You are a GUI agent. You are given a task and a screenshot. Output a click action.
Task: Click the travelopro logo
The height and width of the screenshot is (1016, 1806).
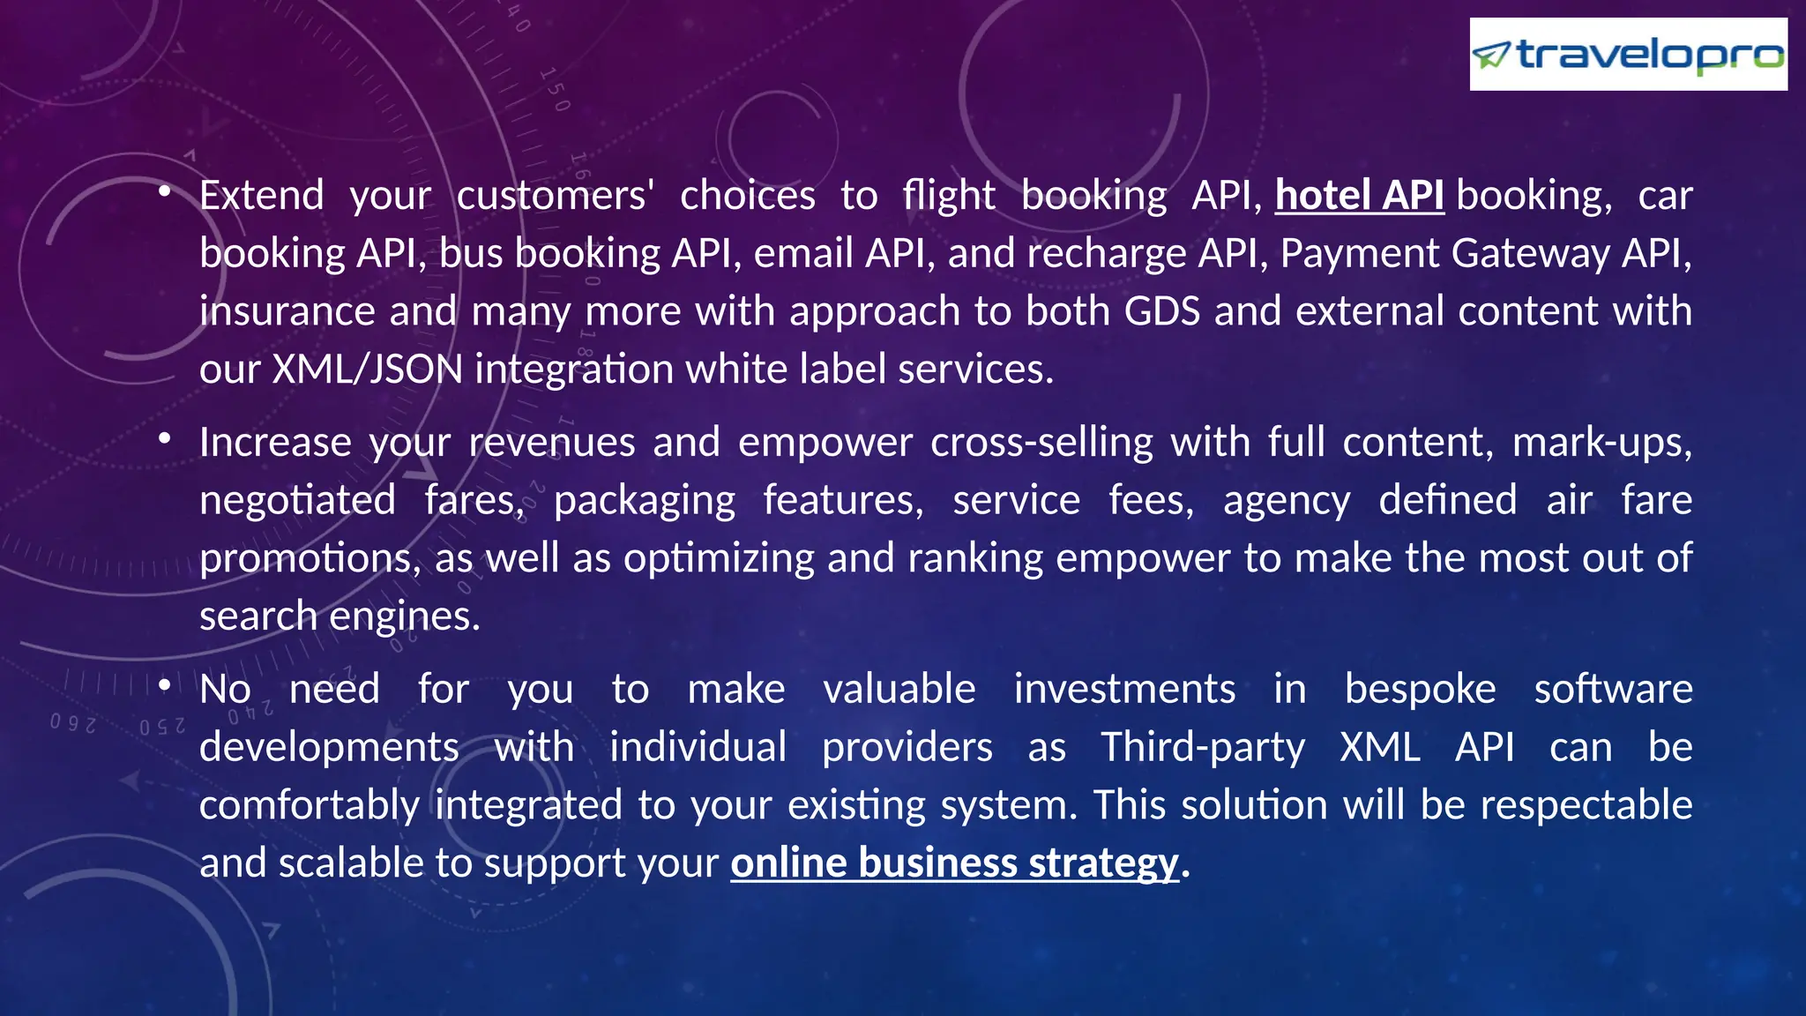pos(1628,55)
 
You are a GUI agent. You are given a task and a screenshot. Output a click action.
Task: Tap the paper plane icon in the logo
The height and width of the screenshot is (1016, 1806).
pos(1492,56)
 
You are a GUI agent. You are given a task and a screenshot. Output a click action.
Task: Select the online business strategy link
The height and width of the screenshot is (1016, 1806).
pos(954,863)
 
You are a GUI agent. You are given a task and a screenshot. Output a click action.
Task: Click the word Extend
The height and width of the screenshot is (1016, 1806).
pos(262,195)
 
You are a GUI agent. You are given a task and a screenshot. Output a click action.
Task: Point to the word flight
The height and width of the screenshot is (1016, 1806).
pos(949,195)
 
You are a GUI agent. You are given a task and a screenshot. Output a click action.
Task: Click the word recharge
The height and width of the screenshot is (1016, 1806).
pos(1107,253)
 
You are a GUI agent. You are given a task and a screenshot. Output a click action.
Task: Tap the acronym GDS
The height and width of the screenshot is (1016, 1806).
pos(1162,311)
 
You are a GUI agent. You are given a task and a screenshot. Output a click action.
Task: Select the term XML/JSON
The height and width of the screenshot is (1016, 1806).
pos(367,369)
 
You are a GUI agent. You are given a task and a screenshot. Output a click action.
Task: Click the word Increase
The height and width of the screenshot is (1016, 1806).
pos(275,442)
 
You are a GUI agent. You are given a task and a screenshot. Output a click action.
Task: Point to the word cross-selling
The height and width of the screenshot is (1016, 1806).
pos(1041,442)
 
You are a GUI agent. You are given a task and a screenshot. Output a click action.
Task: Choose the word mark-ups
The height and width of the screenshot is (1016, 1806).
pos(1601,442)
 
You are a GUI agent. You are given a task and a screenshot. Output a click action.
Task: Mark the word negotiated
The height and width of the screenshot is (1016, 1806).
pos(298,500)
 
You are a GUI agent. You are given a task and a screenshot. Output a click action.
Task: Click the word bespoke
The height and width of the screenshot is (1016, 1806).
pos(1420,689)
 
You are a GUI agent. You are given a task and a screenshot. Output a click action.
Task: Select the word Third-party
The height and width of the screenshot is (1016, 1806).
pos(1203,747)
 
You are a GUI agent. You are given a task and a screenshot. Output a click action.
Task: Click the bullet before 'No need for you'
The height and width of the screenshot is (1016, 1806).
pos(165,685)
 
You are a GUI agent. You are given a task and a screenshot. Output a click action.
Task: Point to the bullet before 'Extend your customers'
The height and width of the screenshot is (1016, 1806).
pos(165,191)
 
